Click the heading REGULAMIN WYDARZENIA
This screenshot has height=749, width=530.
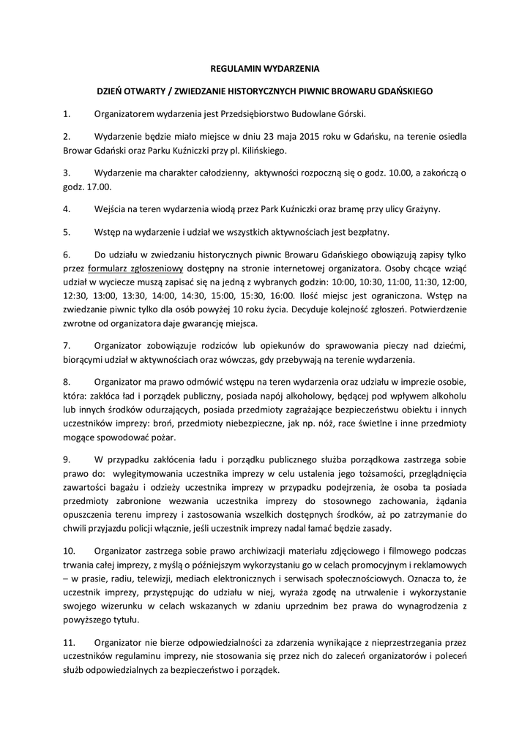tap(264, 69)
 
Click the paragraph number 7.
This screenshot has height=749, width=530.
tap(66, 345)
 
